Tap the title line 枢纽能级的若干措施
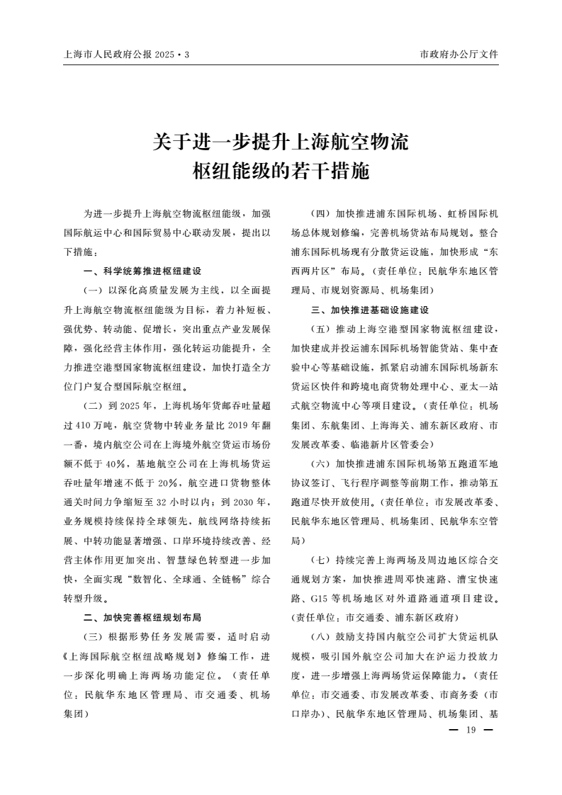tap(281, 170)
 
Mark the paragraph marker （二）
tap(93, 407)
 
